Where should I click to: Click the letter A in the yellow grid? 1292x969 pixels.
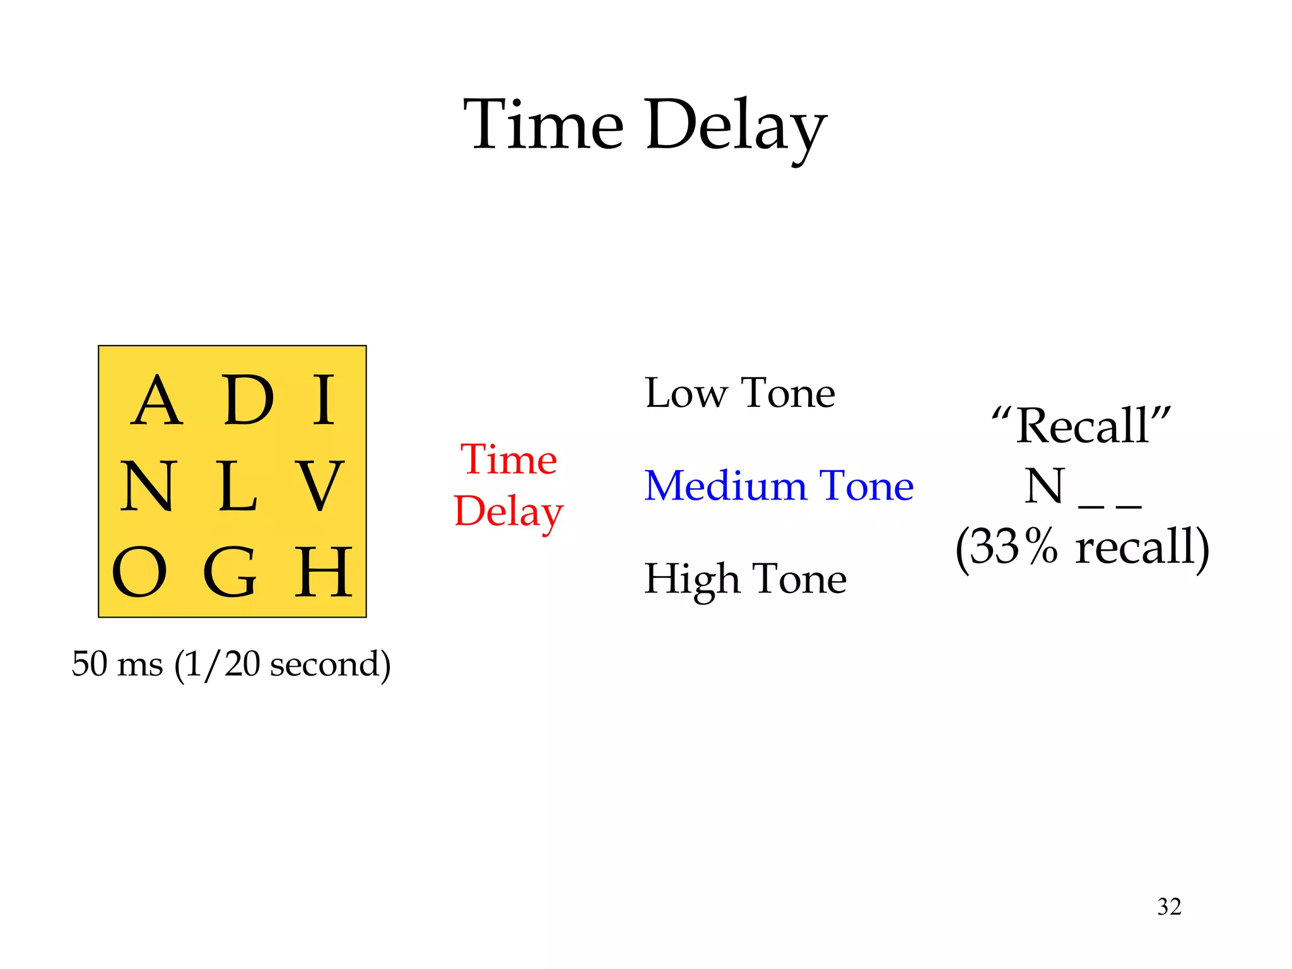pyautogui.click(x=157, y=401)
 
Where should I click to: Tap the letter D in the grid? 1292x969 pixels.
pyautogui.click(x=249, y=401)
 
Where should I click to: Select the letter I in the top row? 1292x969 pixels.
pyautogui.click(x=324, y=401)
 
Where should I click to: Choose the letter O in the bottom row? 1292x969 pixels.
pyautogui.click(x=139, y=572)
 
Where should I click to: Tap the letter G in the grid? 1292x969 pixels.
pyautogui.click(x=230, y=572)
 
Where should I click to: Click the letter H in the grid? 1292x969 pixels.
pyautogui.click(x=323, y=572)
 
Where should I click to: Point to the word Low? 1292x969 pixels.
pyautogui.click(x=685, y=393)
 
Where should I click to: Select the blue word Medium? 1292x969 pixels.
pyautogui.click(x=725, y=486)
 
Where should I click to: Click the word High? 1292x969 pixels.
pyautogui.click(x=691, y=579)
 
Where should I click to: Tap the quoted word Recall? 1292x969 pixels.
pyautogui.click(x=1081, y=426)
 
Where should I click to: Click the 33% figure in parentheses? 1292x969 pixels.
pyautogui.click(x=1013, y=546)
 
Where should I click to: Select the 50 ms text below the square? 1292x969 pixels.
pyautogui.click(x=117, y=664)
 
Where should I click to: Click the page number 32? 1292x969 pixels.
pyautogui.click(x=1169, y=907)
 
